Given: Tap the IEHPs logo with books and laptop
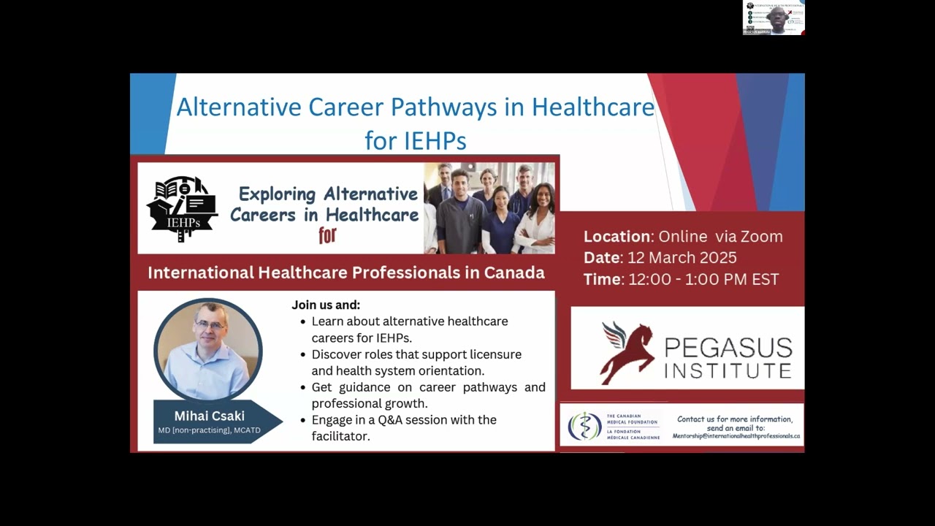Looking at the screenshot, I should (x=181, y=208).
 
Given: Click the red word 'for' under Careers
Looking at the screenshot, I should (x=327, y=235).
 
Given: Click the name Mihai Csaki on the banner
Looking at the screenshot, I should (x=209, y=416).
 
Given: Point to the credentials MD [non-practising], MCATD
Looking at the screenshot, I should (x=209, y=430).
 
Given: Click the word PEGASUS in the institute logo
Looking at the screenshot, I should (x=728, y=347).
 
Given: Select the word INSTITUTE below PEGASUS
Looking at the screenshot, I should (x=728, y=370).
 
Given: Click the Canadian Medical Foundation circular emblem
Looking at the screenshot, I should (x=584, y=426).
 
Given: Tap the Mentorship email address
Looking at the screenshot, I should (x=736, y=435).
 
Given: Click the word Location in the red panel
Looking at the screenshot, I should (x=617, y=237).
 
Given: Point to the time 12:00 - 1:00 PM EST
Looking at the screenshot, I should (x=703, y=279).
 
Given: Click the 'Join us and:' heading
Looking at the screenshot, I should (x=326, y=305).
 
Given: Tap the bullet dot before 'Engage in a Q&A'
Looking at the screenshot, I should (x=303, y=421).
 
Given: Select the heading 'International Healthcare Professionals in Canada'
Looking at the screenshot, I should (x=346, y=273).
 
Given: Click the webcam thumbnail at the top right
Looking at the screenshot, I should (x=774, y=18).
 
